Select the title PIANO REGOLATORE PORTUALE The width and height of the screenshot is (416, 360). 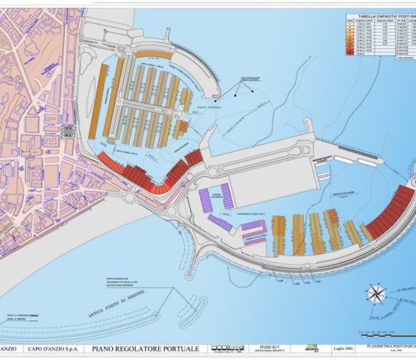point(144,348)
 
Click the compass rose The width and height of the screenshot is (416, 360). point(377,294)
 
